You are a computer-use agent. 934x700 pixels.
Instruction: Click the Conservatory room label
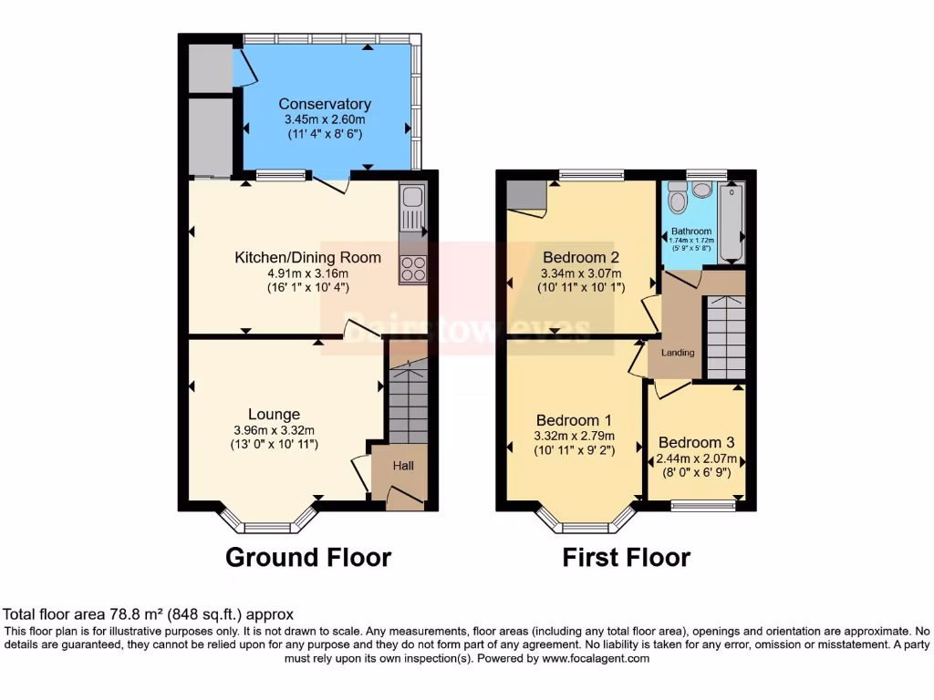325,103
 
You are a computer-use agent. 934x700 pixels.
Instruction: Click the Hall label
403,466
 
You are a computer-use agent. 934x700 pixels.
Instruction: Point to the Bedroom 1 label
574,420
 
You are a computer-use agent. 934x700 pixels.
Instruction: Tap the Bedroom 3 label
696,442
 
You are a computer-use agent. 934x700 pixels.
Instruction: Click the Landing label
678,353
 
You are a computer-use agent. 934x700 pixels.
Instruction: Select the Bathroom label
690,232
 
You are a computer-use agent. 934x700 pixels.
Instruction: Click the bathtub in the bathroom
732,223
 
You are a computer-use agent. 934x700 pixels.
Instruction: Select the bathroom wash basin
702,189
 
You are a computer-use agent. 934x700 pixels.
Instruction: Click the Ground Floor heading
308,557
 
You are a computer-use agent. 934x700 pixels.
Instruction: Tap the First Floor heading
626,557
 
